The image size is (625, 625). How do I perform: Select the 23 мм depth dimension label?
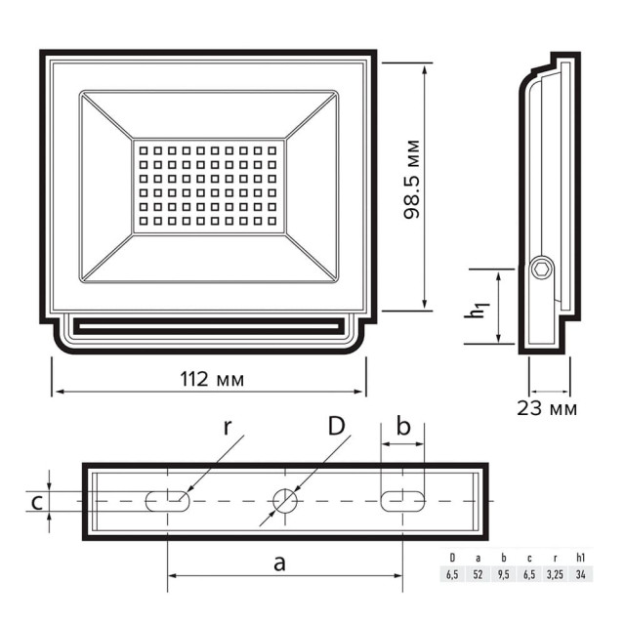[547, 408]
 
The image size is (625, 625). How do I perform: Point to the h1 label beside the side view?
[476, 309]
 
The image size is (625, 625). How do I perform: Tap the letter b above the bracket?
[402, 427]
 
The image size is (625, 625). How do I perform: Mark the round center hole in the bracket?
[285, 501]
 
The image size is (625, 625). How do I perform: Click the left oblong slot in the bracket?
[168, 501]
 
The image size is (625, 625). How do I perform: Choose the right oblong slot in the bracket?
[402, 501]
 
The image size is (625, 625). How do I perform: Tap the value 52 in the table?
[479, 574]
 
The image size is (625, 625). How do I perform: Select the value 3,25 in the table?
[555, 574]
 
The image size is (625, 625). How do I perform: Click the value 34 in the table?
[581, 574]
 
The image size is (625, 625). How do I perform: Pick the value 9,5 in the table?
[504, 574]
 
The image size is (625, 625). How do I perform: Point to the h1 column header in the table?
[581, 558]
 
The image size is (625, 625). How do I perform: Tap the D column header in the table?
[452, 558]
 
